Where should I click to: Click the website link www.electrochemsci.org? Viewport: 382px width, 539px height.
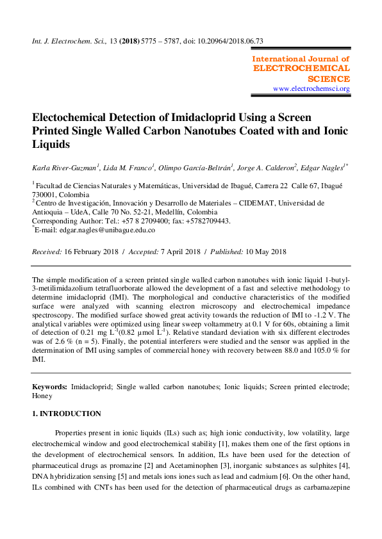coord(311,88)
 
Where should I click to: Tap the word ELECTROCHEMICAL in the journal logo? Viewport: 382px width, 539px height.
coord(302,68)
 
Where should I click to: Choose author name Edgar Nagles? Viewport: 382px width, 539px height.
coord(322,168)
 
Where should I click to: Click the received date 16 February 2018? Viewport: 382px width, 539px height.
coord(94,252)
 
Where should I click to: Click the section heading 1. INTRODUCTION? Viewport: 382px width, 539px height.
coord(67,414)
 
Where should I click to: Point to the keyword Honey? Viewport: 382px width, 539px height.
coord(42,396)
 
